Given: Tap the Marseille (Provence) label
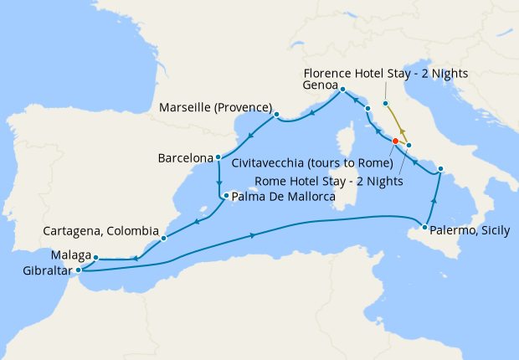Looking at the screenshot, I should [214, 108].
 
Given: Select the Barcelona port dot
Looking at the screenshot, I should [218, 157].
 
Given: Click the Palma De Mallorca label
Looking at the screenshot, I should [282, 198].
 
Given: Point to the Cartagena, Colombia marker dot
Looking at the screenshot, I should [163, 238].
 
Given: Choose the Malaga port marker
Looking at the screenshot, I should [96, 258].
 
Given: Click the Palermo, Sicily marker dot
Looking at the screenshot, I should [426, 228].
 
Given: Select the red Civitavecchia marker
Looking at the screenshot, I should [395, 141].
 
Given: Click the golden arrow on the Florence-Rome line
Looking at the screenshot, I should [401, 131].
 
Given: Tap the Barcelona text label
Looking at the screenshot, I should [185, 157].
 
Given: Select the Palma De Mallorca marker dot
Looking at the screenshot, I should [225, 197].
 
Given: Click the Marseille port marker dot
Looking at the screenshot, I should [276, 116].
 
